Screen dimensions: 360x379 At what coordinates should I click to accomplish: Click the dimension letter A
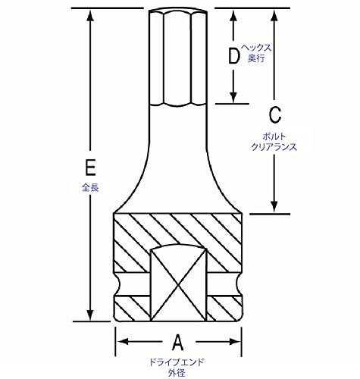(x=178, y=343)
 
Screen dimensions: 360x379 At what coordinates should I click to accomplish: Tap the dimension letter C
(x=274, y=115)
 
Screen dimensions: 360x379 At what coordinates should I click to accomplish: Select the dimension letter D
(x=233, y=55)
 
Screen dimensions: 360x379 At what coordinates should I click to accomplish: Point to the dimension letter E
(x=90, y=167)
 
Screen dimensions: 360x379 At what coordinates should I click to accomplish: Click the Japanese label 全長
(x=90, y=187)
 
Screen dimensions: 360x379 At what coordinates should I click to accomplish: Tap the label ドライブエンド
(x=177, y=362)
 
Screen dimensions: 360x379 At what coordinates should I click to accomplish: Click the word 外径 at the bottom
(x=177, y=372)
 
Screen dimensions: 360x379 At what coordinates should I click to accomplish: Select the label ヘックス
(x=256, y=48)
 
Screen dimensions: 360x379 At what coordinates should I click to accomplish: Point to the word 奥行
(x=256, y=58)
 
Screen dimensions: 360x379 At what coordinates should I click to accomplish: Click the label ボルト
(x=274, y=136)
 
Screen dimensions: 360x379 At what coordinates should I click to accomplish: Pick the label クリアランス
(x=274, y=147)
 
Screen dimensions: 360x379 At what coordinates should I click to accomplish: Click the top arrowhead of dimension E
(x=90, y=16)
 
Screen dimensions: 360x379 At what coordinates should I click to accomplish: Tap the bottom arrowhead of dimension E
(x=90, y=315)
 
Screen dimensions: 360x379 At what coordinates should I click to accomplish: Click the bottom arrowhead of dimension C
(x=274, y=207)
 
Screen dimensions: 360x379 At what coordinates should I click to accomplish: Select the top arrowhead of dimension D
(x=233, y=16)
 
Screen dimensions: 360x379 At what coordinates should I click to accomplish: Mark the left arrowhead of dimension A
(x=124, y=342)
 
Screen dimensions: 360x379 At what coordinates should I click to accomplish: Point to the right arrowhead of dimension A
(x=234, y=342)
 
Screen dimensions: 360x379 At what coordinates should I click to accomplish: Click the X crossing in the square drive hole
(x=179, y=285)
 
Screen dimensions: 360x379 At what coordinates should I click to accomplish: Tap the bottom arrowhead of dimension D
(x=233, y=97)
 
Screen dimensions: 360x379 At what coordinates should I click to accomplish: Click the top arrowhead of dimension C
(x=274, y=16)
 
